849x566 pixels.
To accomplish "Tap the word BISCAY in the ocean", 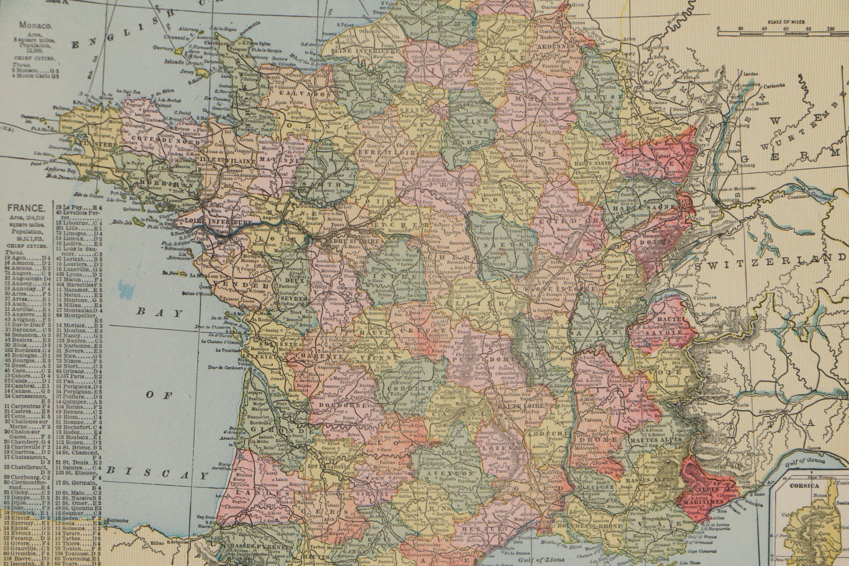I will coord(159,474).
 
